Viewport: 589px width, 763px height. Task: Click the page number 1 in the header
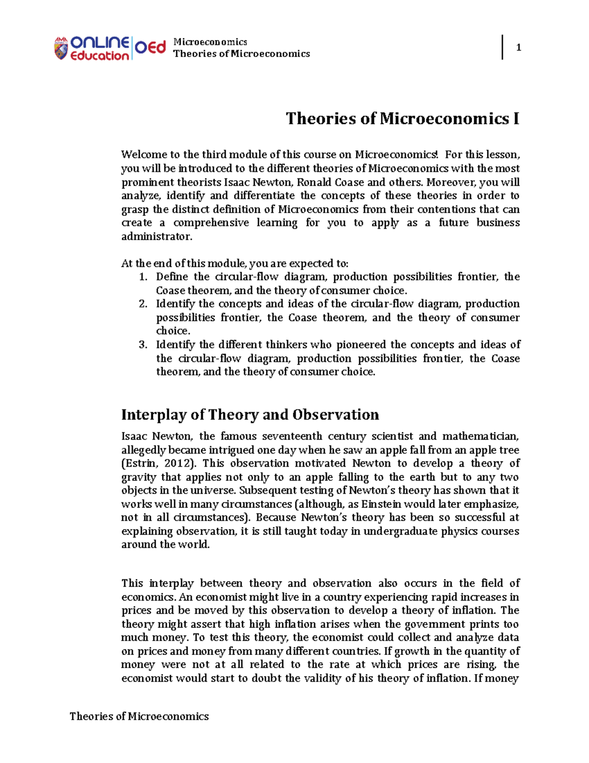click(x=518, y=48)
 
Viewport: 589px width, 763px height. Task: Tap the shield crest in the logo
click(x=61, y=49)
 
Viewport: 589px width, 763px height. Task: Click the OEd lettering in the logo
click(x=150, y=48)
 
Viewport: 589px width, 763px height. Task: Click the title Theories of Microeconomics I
click(x=402, y=118)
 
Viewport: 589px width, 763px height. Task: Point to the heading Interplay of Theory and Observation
click(x=250, y=415)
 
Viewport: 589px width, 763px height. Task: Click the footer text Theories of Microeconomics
click(x=139, y=716)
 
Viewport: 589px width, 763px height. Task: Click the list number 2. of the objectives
click(x=143, y=304)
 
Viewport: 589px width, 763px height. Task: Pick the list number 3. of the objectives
click(x=143, y=345)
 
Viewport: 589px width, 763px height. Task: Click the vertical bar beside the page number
click(x=502, y=47)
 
